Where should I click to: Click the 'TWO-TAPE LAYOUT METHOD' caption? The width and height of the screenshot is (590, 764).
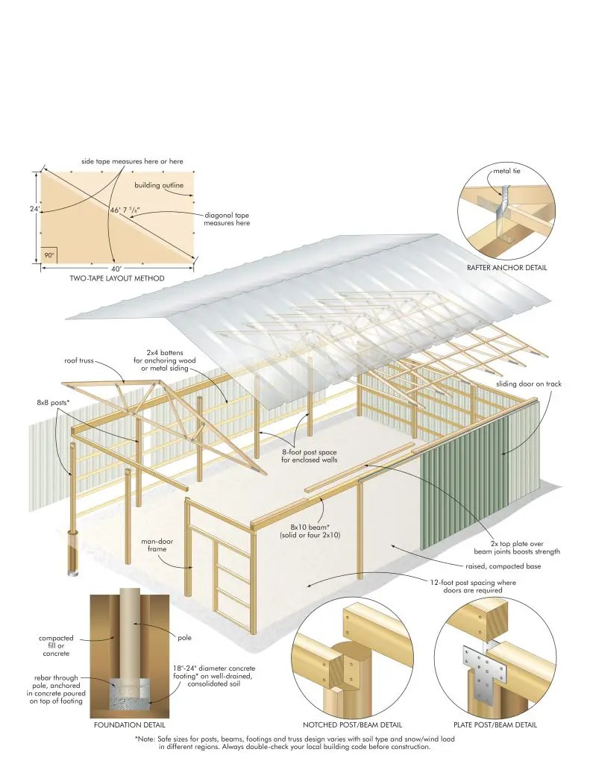tap(118, 278)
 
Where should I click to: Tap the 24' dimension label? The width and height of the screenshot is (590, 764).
tap(34, 210)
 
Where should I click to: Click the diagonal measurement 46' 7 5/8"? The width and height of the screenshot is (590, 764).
tap(126, 211)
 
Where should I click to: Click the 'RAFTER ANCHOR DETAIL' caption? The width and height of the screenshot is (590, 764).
tap(506, 267)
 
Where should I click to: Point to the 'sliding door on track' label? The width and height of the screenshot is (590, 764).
tap(528, 383)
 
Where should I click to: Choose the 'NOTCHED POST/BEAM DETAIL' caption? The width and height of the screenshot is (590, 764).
tap(352, 724)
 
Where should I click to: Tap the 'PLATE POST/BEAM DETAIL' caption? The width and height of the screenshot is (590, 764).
tap(495, 724)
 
